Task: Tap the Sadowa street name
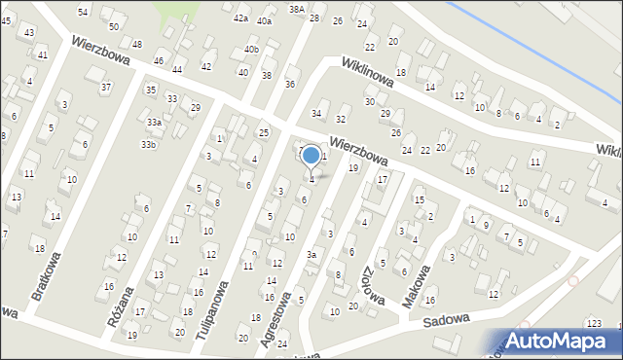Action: (447, 318)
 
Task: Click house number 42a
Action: (240, 18)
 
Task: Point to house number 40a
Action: (265, 20)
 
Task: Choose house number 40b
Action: (252, 50)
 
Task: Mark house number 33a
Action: (154, 123)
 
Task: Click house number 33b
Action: (148, 145)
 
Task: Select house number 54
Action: (83, 12)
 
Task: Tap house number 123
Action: (594, 323)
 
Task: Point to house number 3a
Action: (311, 255)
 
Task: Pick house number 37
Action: (105, 88)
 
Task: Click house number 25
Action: (263, 132)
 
